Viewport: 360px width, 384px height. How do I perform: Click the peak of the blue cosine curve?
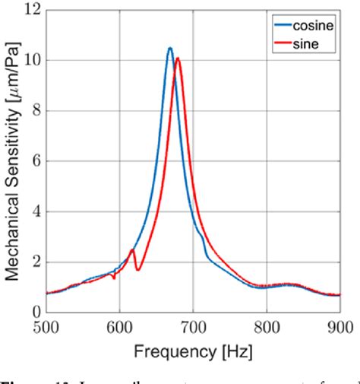170,48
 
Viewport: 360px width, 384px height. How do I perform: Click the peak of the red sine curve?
178,58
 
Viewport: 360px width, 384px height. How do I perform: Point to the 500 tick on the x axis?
46,327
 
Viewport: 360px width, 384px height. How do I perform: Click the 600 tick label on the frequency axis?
120,327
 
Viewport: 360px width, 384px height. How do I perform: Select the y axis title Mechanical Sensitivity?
11,161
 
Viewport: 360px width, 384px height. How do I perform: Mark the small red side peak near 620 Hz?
132,249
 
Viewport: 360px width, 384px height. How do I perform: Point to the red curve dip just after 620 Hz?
137,270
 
